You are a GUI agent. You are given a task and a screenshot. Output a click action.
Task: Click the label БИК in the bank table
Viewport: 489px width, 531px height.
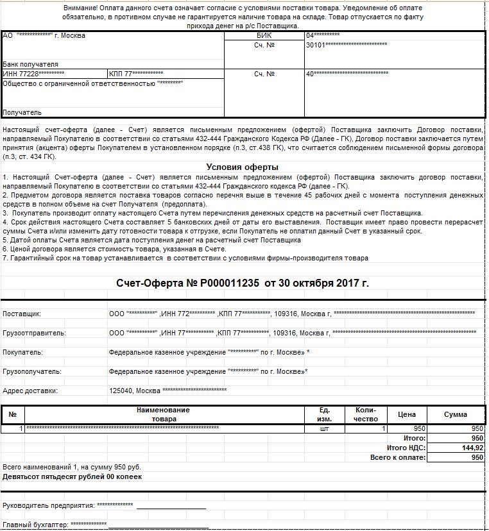[264, 36]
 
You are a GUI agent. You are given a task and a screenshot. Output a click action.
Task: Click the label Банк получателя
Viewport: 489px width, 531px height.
[30, 64]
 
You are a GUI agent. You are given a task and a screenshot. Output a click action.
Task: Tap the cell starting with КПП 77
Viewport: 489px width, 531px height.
[135, 74]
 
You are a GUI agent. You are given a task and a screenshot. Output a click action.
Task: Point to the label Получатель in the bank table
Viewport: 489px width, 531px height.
[22, 112]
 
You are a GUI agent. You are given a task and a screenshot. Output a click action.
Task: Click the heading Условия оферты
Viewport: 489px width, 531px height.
[242, 167]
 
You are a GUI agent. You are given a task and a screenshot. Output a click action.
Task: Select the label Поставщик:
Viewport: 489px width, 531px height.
[22, 314]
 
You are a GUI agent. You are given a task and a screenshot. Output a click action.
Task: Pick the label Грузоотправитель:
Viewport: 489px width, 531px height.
[34, 333]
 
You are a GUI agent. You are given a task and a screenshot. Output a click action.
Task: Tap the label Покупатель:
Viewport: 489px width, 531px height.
[22, 352]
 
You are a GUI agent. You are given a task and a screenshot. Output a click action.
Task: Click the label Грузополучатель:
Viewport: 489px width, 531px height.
[32, 371]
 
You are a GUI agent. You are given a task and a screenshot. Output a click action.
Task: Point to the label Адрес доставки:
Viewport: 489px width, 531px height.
[30, 391]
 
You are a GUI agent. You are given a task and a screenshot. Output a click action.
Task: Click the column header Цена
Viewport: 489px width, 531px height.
[407, 414]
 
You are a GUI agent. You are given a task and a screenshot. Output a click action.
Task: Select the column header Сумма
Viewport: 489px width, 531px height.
[456, 414]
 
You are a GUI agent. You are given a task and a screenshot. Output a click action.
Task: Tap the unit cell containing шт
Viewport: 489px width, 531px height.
[324, 428]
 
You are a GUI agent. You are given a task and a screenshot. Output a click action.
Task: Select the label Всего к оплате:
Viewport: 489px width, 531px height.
[398, 457]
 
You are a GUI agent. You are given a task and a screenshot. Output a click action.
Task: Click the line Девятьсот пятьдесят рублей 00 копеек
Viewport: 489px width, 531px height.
[73, 476]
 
